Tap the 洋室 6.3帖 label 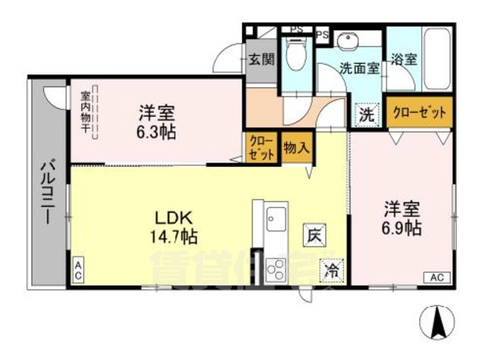tap(157, 121)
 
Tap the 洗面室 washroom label tap(359, 66)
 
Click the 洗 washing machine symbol tap(366, 115)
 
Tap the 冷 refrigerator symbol tap(331, 268)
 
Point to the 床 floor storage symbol tap(313, 236)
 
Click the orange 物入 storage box tap(295, 146)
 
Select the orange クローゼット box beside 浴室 tap(419, 111)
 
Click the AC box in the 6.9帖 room tap(436, 277)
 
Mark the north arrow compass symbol tap(437, 322)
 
